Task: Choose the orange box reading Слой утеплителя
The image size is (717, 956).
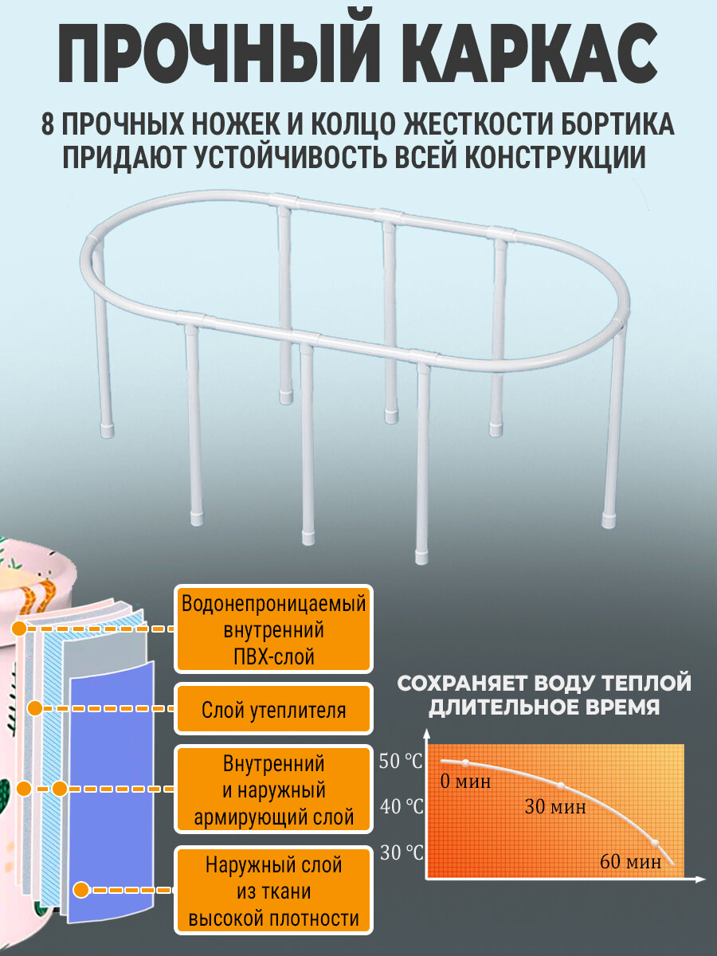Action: (x=273, y=709)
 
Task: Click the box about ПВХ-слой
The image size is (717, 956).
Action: (x=273, y=629)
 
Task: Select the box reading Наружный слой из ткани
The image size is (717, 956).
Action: (x=273, y=891)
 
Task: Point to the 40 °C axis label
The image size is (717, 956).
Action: (x=401, y=806)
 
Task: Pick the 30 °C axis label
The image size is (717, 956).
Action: (x=401, y=852)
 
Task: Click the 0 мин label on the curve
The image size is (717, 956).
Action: (x=465, y=781)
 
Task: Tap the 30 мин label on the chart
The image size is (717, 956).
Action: (x=554, y=807)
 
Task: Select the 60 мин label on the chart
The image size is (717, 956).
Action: (x=630, y=861)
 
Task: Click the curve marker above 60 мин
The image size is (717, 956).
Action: (x=655, y=843)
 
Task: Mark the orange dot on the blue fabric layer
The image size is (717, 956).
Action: (x=80, y=889)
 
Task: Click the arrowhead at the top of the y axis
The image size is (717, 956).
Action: (x=428, y=731)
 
